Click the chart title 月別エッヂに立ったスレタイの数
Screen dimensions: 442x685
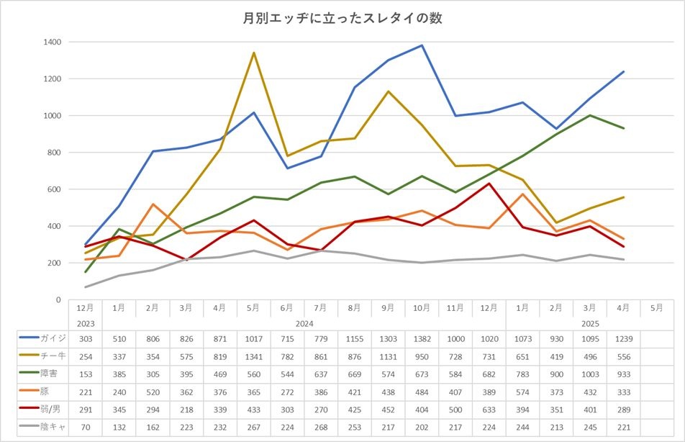point(342,18)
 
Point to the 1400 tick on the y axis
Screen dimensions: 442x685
point(51,42)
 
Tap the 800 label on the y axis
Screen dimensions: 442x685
point(54,153)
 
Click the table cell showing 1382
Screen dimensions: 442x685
point(422,338)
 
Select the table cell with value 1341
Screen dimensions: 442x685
point(253,357)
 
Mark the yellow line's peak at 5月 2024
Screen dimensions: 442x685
point(253,53)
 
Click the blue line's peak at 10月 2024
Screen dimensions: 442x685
point(422,45)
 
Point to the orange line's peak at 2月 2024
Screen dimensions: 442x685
point(153,204)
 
